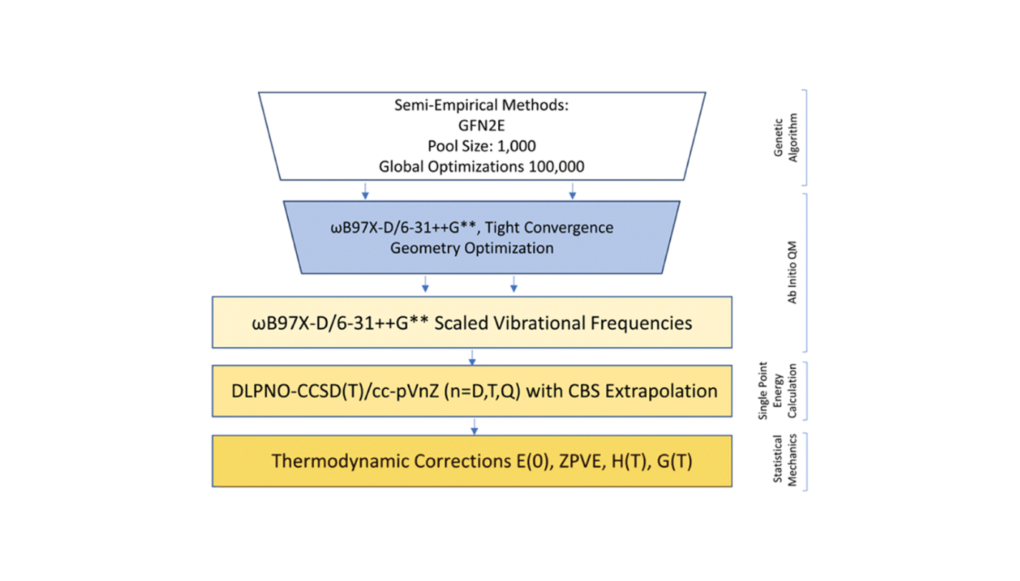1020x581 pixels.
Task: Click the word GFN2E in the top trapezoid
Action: coord(481,126)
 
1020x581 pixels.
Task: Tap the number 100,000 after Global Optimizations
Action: coord(556,167)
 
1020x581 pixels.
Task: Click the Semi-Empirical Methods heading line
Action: coord(481,106)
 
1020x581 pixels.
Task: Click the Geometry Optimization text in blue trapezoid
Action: coord(472,247)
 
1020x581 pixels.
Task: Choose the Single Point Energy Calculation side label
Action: coord(773,391)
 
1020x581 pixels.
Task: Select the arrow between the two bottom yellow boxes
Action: coord(474,426)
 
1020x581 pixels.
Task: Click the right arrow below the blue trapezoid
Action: coord(514,284)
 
